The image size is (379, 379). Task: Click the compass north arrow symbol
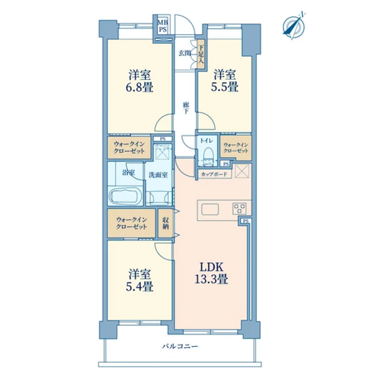[x=294, y=25]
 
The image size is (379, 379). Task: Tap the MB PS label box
[x=162, y=26]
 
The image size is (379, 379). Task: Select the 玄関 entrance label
[x=185, y=53]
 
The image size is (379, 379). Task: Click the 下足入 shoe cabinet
[x=201, y=54]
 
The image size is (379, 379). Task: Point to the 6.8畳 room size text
[x=140, y=87]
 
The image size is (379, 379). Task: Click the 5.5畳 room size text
[x=225, y=87]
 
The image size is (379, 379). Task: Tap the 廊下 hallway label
[x=186, y=108]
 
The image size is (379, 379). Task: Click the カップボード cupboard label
[x=214, y=174]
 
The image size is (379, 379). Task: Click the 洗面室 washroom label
[x=158, y=175]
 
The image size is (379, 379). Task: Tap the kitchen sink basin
[x=210, y=209]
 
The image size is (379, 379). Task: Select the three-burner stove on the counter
[x=239, y=208]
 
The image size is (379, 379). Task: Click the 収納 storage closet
[x=165, y=224]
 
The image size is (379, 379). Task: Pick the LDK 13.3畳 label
[x=211, y=273]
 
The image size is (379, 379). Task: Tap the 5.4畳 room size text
[x=140, y=287]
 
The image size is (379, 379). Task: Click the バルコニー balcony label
[x=180, y=346]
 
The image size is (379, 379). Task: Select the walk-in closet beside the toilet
[x=236, y=148]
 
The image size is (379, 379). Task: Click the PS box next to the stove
[x=246, y=220]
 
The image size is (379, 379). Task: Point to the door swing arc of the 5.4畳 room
[x=160, y=255]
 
